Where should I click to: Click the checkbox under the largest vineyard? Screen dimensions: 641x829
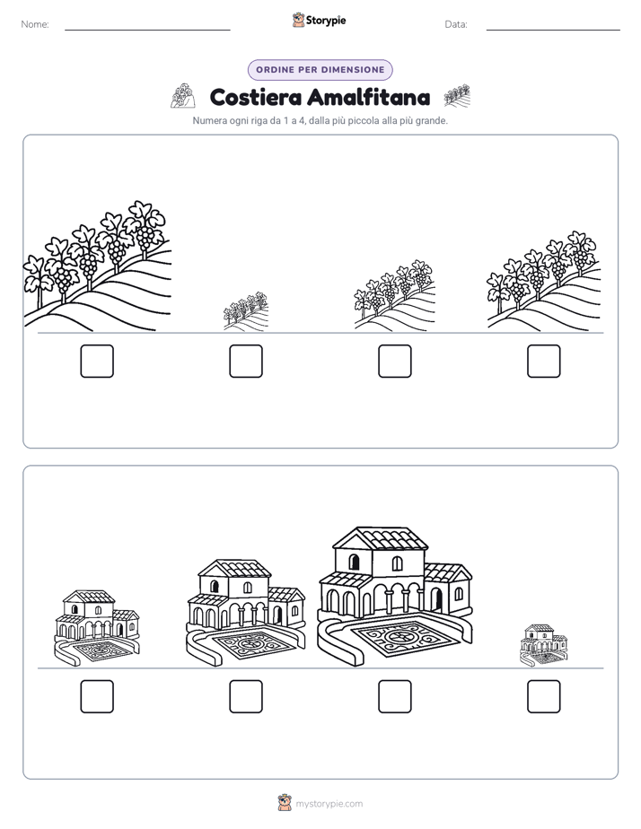[97, 361]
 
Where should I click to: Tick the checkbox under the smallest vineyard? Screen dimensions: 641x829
[246, 361]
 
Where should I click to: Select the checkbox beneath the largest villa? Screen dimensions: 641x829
[395, 696]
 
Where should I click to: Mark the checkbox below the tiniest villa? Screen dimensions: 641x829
[544, 696]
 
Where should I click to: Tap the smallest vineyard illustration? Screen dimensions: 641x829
[246, 311]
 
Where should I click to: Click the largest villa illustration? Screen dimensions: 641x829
[394, 597]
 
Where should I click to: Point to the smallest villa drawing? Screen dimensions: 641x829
[544, 646]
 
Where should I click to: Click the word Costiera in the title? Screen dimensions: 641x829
[255, 97]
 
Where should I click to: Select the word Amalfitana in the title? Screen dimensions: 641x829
[369, 97]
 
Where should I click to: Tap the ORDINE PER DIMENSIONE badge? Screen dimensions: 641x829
[320, 70]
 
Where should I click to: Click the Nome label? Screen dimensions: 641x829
[35, 24]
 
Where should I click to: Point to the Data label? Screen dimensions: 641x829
[456, 24]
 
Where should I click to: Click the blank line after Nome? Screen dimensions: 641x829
[147, 31]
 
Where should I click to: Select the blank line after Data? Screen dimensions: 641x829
[553, 31]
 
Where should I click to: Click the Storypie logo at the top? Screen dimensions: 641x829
[319, 21]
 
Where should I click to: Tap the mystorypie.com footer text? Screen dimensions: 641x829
[329, 804]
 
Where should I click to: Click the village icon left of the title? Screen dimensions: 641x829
[183, 96]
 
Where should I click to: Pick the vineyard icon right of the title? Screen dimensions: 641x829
[457, 96]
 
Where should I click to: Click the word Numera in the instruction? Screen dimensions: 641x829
[209, 120]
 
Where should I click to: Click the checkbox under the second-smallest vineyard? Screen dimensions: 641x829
[395, 361]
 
